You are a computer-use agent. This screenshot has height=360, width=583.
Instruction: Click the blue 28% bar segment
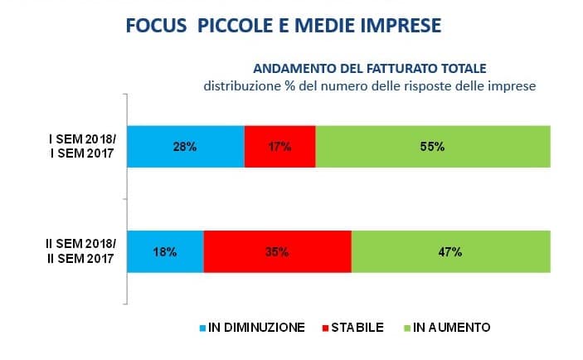tap(185, 147)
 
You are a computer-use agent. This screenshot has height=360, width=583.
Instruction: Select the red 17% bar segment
tap(279, 147)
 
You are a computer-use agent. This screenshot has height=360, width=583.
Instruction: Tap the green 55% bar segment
tap(433, 147)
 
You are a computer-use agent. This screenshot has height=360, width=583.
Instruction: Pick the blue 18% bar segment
tap(165, 251)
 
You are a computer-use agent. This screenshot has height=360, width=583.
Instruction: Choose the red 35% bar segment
tap(277, 251)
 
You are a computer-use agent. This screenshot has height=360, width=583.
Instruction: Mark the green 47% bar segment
tap(450, 251)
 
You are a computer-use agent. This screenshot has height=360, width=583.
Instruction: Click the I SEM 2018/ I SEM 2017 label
tap(82, 147)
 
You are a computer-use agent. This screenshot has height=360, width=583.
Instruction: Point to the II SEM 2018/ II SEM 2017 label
tap(80, 251)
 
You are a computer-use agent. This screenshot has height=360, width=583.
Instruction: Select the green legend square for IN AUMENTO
tap(406, 328)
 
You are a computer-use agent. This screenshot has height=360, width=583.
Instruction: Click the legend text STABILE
tap(356, 328)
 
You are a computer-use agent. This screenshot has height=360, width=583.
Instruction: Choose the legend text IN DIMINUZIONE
tap(259, 328)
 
